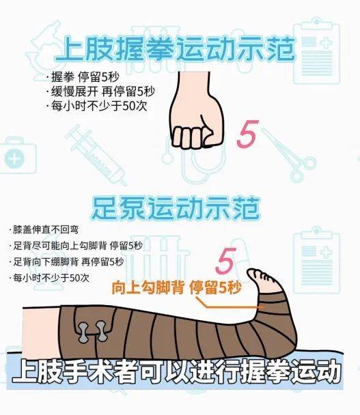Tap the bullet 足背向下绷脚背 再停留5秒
68,262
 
